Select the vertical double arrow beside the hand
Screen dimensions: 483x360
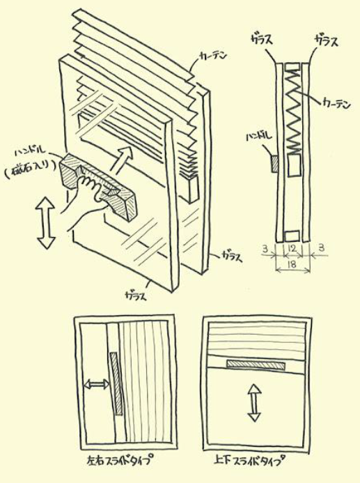(x=46, y=222)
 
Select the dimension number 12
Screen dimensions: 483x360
(x=292, y=249)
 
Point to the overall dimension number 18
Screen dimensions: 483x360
(x=292, y=266)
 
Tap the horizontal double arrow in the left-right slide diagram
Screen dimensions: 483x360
(x=96, y=384)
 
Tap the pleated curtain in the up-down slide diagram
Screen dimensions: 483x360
(x=253, y=342)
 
